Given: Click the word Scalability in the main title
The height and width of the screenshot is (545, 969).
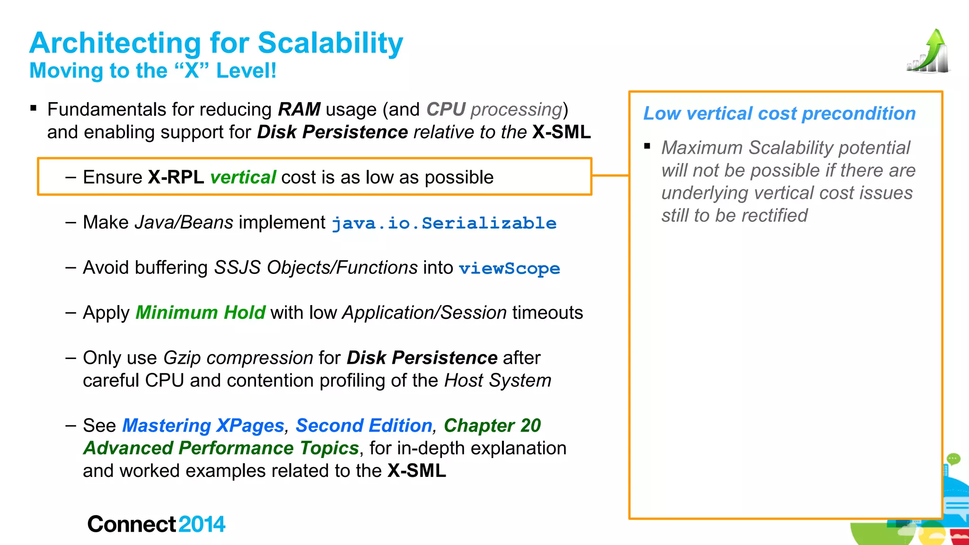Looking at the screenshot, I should (x=330, y=44).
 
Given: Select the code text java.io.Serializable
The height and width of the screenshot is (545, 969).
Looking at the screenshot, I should (x=444, y=223).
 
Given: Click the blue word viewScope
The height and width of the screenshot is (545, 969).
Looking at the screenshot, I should (x=509, y=269).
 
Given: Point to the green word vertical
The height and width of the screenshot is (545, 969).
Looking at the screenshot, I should (x=243, y=177).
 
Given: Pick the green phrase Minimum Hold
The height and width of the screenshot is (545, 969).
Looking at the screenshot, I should (x=200, y=313).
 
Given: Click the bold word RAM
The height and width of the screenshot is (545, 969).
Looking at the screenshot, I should (x=299, y=109).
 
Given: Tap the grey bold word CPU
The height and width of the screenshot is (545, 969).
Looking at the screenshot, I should (x=446, y=109).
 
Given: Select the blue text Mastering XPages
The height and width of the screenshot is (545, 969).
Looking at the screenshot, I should (x=203, y=426).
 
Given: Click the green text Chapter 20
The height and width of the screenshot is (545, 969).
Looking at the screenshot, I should (x=492, y=426).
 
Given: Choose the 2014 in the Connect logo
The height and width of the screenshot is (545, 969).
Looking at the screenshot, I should (x=202, y=524).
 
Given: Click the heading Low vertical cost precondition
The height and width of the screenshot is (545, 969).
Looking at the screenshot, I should (x=779, y=114).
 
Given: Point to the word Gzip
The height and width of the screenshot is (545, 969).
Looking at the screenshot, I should (x=182, y=358).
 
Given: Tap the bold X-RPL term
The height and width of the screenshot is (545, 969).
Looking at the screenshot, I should (x=176, y=177).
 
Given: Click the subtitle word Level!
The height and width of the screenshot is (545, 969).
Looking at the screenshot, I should (x=246, y=71).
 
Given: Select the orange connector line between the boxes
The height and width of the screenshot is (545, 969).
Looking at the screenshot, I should (x=610, y=176).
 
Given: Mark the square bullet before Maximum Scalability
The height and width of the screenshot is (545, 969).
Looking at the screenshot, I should (x=647, y=146).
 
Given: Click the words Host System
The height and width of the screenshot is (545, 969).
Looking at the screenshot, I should (x=498, y=381).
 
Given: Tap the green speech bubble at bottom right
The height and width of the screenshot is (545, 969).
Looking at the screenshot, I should (x=953, y=458).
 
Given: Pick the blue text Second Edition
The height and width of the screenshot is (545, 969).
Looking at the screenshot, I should (x=364, y=426).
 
